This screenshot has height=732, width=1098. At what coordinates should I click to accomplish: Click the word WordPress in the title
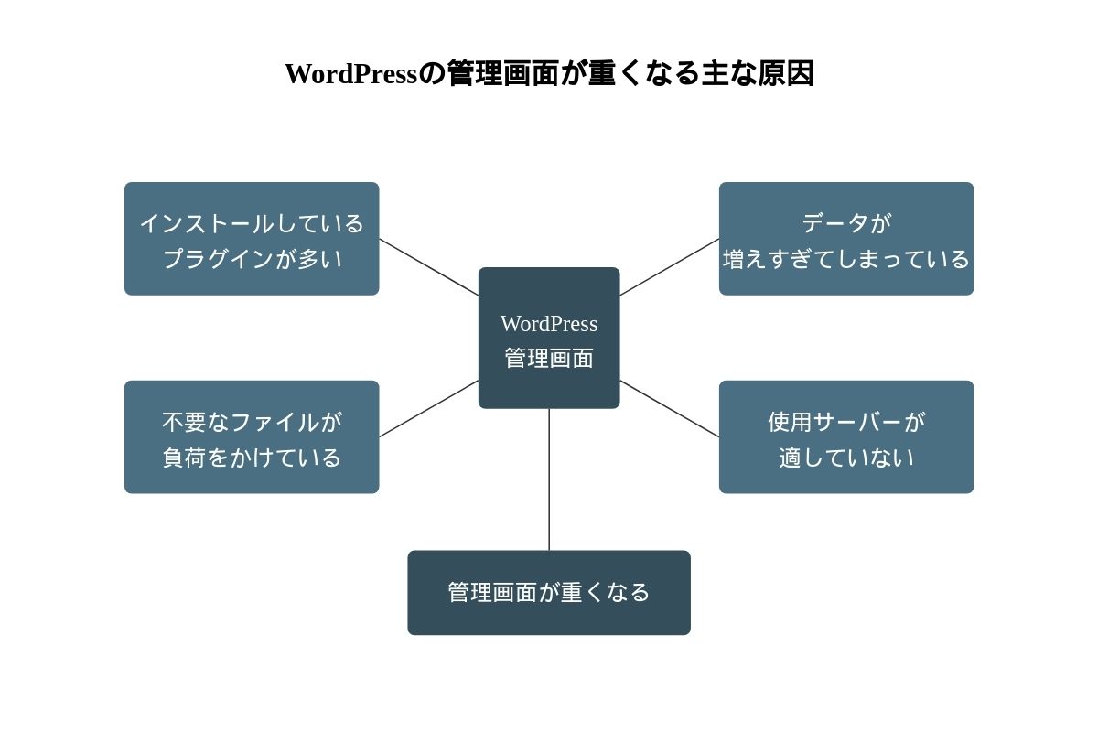(x=350, y=73)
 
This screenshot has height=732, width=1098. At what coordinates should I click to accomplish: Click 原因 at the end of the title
(x=786, y=73)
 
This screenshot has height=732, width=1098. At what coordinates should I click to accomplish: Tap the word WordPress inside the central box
(x=549, y=324)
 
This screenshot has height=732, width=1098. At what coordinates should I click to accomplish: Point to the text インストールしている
(x=252, y=223)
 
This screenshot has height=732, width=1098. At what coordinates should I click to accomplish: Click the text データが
(x=846, y=222)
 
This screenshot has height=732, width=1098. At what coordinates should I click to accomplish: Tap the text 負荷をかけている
(x=252, y=457)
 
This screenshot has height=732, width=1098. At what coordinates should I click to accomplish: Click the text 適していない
(x=846, y=457)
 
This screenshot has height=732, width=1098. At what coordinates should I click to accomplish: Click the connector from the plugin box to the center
(x=428, y=267)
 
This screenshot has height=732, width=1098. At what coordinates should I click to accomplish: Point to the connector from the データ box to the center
(x=670, y=267)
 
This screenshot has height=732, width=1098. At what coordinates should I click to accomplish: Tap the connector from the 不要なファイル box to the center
(x=428, y=409)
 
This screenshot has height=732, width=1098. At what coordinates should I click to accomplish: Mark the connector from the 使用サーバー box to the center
(x=670, y=409)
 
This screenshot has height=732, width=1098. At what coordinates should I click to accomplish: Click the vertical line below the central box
(x=549, y=479)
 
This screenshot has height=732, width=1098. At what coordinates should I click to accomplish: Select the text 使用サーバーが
(x=846, y=422)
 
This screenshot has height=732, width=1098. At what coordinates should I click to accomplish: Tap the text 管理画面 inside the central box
(x=549, y=358)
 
